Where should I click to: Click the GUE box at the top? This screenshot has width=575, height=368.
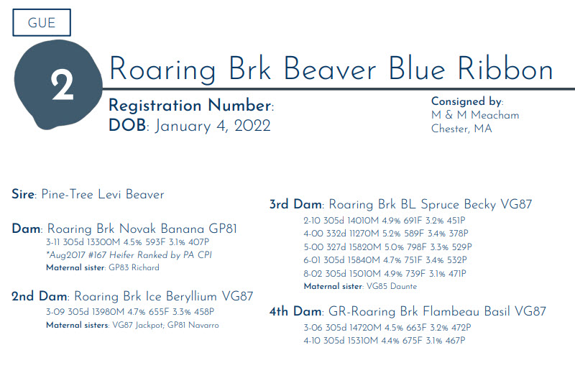click(x=42, y=23)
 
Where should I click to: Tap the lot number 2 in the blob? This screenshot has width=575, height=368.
click(x=63, y=85)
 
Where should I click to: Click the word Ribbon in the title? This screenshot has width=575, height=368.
click(x=505, y=69)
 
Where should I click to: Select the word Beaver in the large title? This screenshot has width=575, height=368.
click(x=330, y=69)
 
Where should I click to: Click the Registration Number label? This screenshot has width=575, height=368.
click(x=190, y=106)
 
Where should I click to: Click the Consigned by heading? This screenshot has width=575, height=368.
click(x=466, y=101)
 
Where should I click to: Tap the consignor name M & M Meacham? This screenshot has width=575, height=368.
click(x=475, y=115)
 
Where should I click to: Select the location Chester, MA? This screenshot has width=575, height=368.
click(x=461, y=129)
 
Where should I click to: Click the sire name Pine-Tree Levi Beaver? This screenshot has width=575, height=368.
click(x=103, y=194)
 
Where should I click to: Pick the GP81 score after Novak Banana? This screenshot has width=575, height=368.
click(x=223, y=229)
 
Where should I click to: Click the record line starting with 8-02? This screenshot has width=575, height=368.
click(x=385, y=273)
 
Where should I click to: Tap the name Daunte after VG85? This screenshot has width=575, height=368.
click(x=403, y=286)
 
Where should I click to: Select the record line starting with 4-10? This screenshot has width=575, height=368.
click(x=385, y=341)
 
